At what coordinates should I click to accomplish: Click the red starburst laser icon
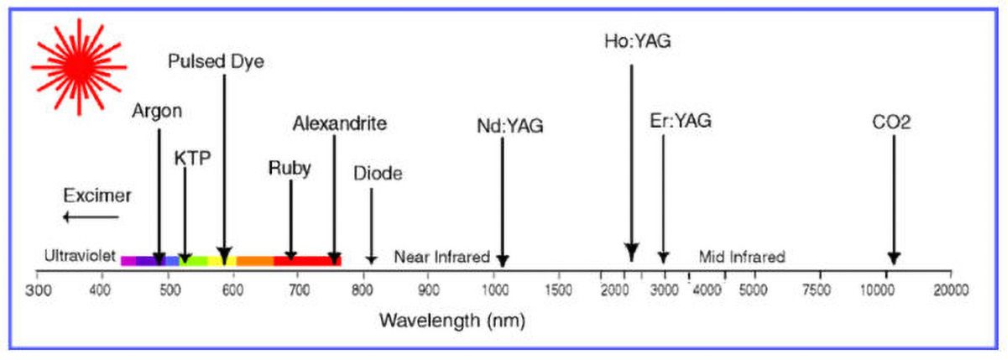[78, 66]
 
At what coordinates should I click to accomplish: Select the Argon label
[157, 112]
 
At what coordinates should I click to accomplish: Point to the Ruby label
[290, 168]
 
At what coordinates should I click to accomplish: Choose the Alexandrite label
[340, 124]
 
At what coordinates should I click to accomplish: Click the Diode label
[378, 175]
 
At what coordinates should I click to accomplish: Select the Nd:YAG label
[509, 127]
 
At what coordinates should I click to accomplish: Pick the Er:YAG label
[681, 121]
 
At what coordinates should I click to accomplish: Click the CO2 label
[892, 123]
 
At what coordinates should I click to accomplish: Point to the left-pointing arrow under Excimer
[91, 218]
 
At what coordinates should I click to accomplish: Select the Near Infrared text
[441, 257]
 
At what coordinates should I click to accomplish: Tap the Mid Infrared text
[743, 257]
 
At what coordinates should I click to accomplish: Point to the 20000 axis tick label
[950, 290]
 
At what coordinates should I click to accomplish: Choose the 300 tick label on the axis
[36, 290]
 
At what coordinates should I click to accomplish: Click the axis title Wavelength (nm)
[452, 321]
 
